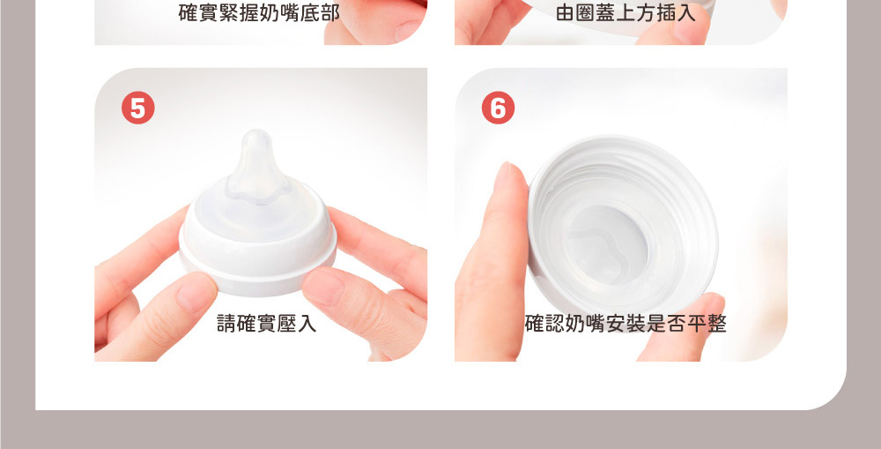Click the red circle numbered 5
[x=137, y=108]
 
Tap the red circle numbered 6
[x=498, y=108]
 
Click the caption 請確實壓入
[x=267, y=324]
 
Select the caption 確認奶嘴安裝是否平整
[x=626, y=324]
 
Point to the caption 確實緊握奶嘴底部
[x=259, y=12]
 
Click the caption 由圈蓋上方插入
[x=626, y=12]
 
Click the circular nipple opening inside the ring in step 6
[x=607, y=244]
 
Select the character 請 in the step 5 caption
[x=226, y=324]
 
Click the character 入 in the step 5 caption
[x=307, y=324]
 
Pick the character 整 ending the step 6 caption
[x=717, y=324]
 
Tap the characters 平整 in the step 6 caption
[x=707, y=324]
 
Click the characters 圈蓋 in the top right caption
[x=596, y=12]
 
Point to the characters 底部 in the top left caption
[x=321, y=12]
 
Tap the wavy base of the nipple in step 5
[x=258, y=189]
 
